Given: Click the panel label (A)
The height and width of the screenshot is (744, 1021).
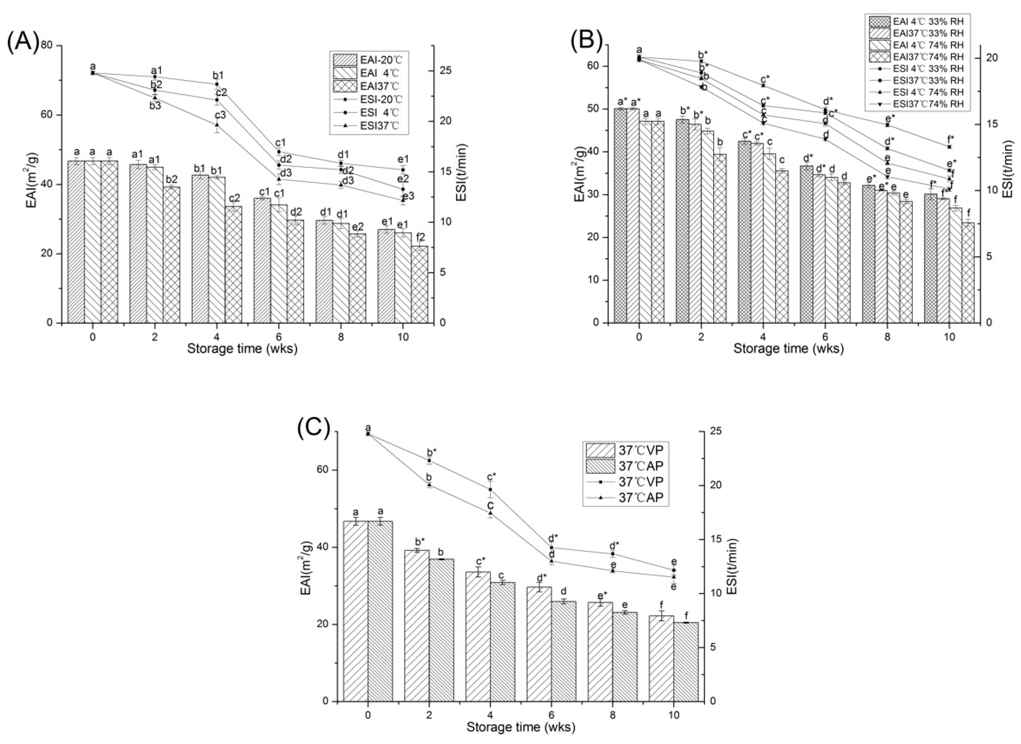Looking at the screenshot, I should tap(22, 43).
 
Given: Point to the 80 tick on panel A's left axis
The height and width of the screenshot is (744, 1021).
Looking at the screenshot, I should tap(47, 46).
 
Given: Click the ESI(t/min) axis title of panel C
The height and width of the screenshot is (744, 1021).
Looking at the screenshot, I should tap(732, 567).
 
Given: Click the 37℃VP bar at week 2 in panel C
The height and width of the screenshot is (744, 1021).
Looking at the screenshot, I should tap(417, 625).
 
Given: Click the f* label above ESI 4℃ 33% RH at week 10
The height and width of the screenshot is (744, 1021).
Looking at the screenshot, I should tap(950, 139).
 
